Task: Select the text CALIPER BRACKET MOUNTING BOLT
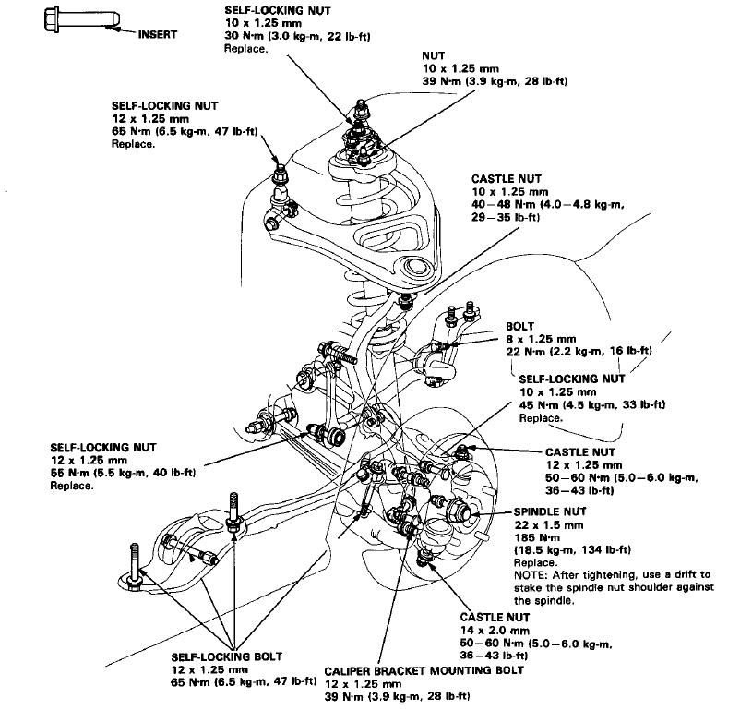[x=424, y=670]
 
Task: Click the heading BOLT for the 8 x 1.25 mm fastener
[x=520, y=327]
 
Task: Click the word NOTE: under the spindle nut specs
[x=531, y=574]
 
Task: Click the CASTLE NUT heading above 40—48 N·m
[x=507, y=179]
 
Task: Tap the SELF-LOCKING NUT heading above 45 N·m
[x=572, y=379]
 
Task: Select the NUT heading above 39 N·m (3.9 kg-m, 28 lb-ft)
[x=434, y=55]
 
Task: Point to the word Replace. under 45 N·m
[x=541, y=417]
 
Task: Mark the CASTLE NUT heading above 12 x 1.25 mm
[x=579, y=451]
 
